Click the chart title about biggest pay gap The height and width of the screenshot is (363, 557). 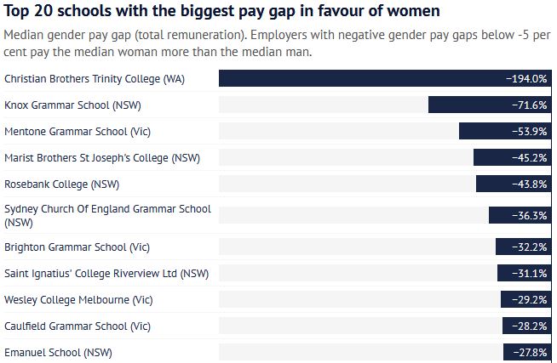222,12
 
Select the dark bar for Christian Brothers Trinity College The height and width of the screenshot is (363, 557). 358,78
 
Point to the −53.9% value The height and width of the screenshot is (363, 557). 527,131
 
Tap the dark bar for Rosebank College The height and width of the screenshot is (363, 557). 490,184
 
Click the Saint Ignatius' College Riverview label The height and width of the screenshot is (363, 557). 106,273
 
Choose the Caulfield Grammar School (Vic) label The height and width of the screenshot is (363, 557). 78,326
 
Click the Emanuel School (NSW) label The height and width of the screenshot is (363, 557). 58,352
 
